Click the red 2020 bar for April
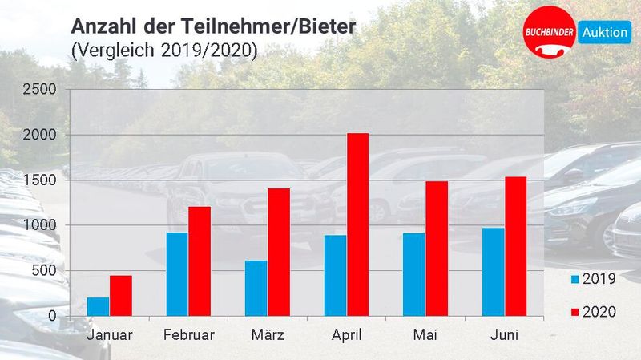pyautogui.click(x=357, y=224)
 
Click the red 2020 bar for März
pyautogui.click(x=279, y=252)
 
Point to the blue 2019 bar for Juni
pyautogui.click(x=493, y=272)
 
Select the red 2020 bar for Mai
pyautogui.click(x=437, y=249)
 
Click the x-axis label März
pyautogui.click(x=267, y=334)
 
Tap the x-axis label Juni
pyautogui.click(x=504, y=334)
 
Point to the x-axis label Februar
pyautogui.click(x=187, y=334)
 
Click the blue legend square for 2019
pyautogui.click(x=574, y=280)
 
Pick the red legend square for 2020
pyautogui.click(x=574, y=310)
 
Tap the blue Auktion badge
pyautogui.click(x=605, y=32)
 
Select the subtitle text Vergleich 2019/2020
pyautogui.click(x=164, y=50)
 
